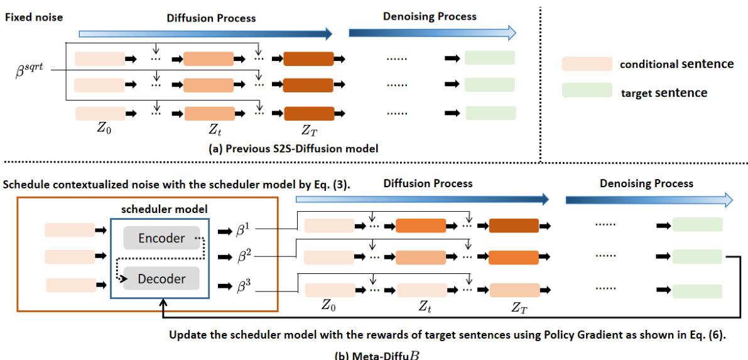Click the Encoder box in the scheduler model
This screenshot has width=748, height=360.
click(161, 238)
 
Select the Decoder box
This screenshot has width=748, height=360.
click(161, 278)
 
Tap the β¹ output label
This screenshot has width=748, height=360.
click(242, 231)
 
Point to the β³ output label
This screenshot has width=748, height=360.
click(242, 286)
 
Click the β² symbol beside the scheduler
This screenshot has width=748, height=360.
click(242, 258)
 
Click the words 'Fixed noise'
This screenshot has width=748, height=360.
click(34, 17)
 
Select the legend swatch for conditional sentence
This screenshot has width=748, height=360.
click(587, 63)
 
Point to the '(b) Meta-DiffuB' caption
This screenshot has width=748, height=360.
click(375, 353)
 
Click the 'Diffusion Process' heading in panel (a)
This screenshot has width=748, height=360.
click(211, 18)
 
